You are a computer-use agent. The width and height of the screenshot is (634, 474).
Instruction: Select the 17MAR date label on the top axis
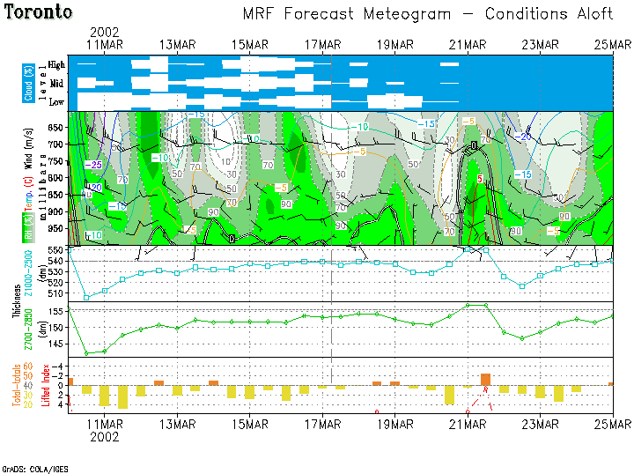(322, 44)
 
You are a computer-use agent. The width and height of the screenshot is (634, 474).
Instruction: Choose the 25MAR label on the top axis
(612, 44)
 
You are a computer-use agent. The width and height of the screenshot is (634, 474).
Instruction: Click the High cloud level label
(56, 65)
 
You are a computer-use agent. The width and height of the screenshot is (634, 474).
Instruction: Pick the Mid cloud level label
(56, 84)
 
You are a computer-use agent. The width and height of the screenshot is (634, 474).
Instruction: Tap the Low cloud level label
(56, 102)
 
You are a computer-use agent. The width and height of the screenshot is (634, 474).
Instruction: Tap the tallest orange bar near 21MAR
(485, 379)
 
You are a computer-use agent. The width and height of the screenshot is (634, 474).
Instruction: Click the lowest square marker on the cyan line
(86, 298)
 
